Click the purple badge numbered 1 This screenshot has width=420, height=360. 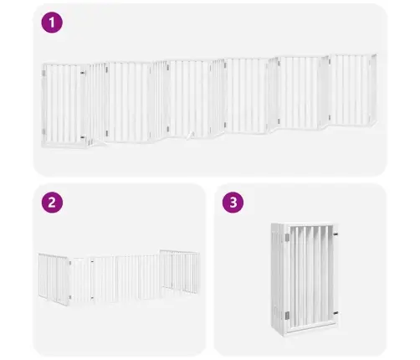click(x=52, y=23)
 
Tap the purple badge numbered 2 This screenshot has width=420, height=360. click(x=52, y=203)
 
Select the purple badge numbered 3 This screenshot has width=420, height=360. click(x=233, y=203)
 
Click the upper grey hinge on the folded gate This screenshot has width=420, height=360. click(x=287, y=238)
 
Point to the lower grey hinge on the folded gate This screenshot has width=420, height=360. click(x=287, y=316)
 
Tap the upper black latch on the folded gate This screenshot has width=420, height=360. click(x=335, y=234)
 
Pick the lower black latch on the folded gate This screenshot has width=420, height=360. click(x=335, y=313)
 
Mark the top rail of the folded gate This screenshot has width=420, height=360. click(x=309, y=224)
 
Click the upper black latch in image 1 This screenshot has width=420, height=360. click(x=83, y=73)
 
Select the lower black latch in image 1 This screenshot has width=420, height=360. click(x=83, y=137)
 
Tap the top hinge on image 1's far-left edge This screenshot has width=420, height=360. click(x=44, y=73)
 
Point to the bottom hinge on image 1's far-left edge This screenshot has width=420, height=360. click(x=44, y=131)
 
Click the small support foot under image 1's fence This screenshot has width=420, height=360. click(x=190, y=135)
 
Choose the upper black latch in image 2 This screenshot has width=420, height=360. click(x=92, y=262)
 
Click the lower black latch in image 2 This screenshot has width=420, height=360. click(x=92, y=298)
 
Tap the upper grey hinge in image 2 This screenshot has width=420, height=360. click(x=70, y=263)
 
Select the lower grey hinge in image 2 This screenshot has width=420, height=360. click(x=70, y=297)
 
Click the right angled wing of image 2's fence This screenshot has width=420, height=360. click(x=180, y=271)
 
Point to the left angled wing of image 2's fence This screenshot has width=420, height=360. click(x=54, y=279)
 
